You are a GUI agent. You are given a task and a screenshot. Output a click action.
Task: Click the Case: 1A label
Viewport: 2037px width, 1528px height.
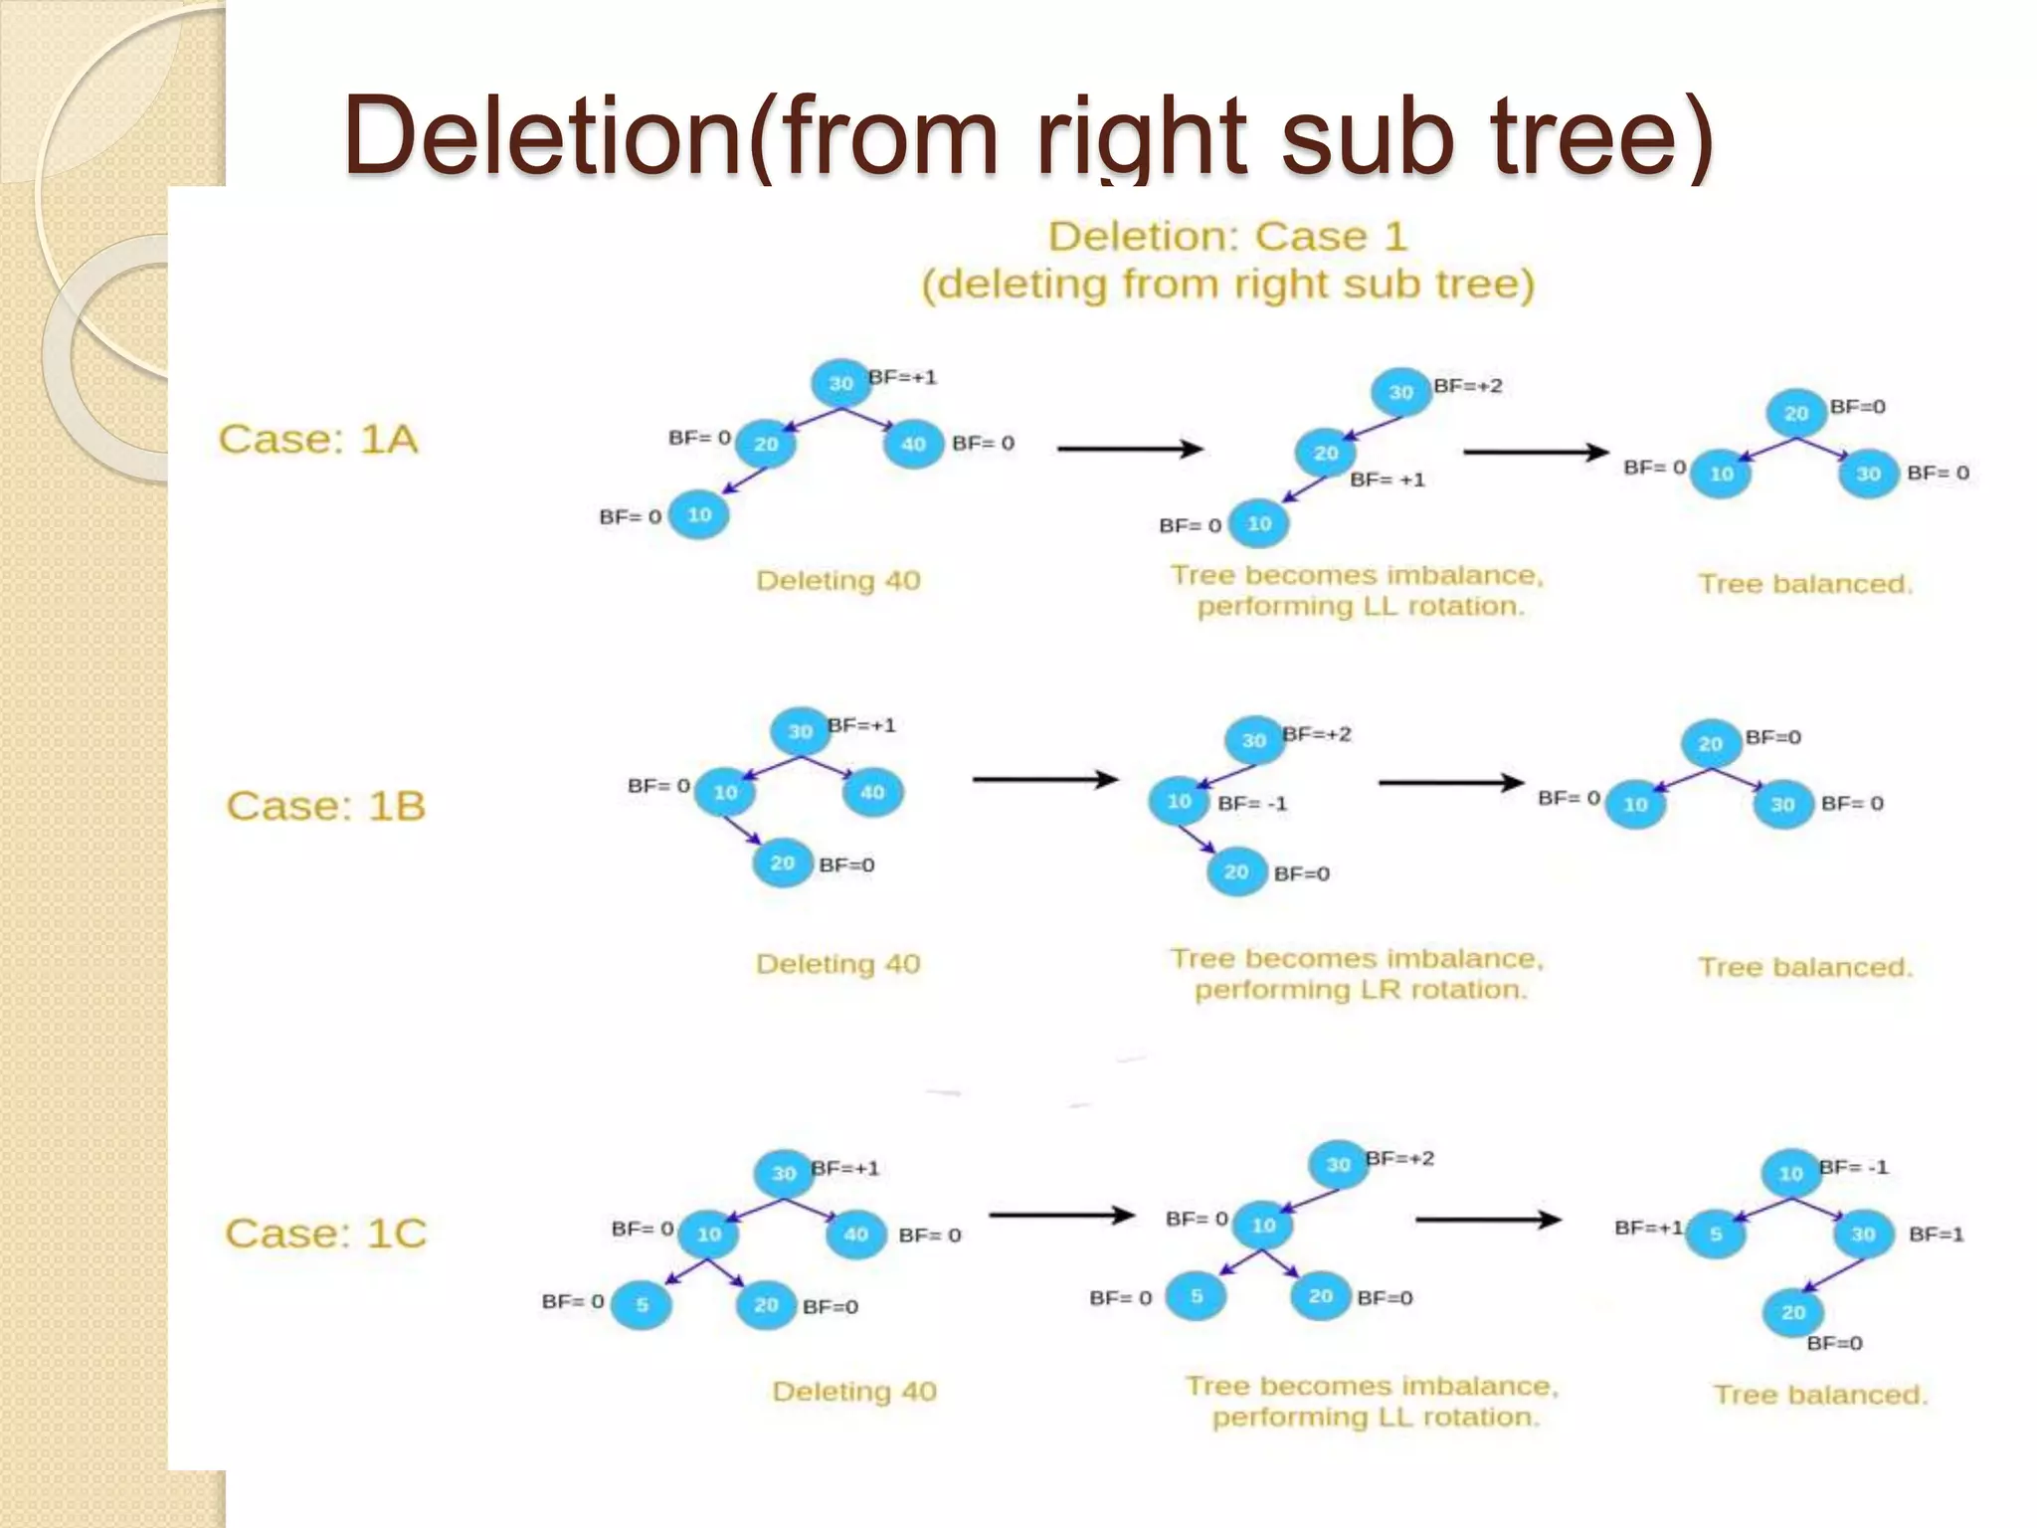[x=317, y=440]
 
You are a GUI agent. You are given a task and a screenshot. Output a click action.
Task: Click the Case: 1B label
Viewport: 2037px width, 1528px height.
[x=325, y=806]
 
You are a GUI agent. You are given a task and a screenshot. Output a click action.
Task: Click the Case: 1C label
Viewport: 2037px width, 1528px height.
[x=325, y=1234]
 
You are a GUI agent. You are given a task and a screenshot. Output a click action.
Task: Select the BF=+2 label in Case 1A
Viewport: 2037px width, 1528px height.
[x=1467, y=386]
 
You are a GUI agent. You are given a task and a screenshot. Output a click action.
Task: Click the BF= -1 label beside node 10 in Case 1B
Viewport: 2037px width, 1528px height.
[x=1252, y=804]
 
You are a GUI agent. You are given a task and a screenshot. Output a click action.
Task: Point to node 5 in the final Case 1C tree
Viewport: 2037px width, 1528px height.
[x=1716, y=1235]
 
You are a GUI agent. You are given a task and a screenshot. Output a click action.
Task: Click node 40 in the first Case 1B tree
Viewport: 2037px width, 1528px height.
[x=872, y=793]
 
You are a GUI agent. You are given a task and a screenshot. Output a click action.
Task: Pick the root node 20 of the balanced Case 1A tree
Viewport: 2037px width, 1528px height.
[x=1795, y=413]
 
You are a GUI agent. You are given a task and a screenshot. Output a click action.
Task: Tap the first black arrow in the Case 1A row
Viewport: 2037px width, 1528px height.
[x=1130, y=449]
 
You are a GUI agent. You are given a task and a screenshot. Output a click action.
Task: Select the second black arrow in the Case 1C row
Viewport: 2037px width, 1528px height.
[x=1488, y=1219]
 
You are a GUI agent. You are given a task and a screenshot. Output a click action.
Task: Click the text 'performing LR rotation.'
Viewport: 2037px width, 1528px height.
[x=1360, y=990]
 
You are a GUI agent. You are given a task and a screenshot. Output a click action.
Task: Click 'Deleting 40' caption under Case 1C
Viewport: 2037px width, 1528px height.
[x=854, y=1391]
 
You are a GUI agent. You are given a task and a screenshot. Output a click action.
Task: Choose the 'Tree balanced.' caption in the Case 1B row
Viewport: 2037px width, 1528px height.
[x=1805, y=967]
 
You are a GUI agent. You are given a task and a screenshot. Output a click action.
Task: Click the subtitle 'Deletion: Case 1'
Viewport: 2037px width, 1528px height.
[x=1227, y=237]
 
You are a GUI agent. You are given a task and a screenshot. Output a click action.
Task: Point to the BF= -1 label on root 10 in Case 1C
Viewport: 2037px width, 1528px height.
[x=1853, y=1167]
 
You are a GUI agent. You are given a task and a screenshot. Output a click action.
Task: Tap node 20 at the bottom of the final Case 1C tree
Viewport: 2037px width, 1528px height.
[x=1792, y=1312]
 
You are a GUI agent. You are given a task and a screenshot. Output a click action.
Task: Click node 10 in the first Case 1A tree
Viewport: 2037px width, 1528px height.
[x=698, y=515]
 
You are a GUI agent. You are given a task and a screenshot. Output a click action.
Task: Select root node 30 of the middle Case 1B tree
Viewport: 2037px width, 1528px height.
[x=1253, y=741]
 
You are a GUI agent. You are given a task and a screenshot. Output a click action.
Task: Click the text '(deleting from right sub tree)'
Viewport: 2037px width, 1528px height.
[x=1227, y=285]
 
